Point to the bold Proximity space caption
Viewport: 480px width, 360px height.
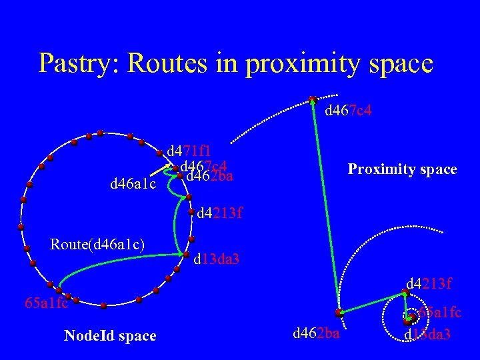click(x=402, y=169)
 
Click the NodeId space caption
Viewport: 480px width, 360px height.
click(x=110, y=336)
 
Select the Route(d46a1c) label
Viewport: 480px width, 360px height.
click(x=97, y=245)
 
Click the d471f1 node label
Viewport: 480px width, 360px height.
click(x=189, y=151)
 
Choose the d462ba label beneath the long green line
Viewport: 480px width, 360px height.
click(x=316, y=331)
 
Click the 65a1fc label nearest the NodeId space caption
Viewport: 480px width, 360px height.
click(x=46, y=303)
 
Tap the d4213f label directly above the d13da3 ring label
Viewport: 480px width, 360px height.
click(x=219, y=214)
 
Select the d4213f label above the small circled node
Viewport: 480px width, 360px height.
click(x=429, y=285)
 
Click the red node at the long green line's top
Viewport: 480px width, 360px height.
click(x=313, y=100)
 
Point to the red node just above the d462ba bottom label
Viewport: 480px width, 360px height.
click(x=339, y=312)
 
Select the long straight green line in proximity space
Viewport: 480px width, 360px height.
click(x=325, y=207)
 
